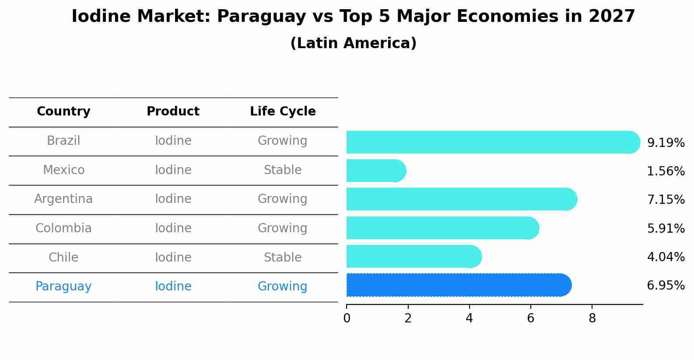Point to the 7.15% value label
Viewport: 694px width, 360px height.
(x=666, y=200)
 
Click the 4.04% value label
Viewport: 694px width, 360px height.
(x=666, y=257)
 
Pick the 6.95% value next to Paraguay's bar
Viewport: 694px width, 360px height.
(x=666, y=286)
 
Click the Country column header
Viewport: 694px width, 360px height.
(x=63, y=112)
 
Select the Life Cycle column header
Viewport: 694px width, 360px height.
(x=283, y=112)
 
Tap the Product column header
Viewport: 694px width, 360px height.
(x=173, y=112)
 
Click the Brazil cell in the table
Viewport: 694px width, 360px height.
(x=63, y=141)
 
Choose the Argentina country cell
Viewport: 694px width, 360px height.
(x=63, y=199)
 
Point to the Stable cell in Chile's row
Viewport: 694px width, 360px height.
(x=283, y=257)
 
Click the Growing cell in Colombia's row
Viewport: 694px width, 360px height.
(x=283, y=228)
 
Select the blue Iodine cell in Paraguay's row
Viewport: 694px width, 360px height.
(x=173, y=287)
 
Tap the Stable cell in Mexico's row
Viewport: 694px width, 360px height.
(x=283, y=170)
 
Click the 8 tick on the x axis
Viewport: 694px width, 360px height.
(x=592, y=318)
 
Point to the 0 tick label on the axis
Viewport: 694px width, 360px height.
(x=347, y=318)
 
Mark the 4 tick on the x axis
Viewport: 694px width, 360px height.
(x=469, y=318)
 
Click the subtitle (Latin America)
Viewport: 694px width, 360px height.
(x=353, y=43)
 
